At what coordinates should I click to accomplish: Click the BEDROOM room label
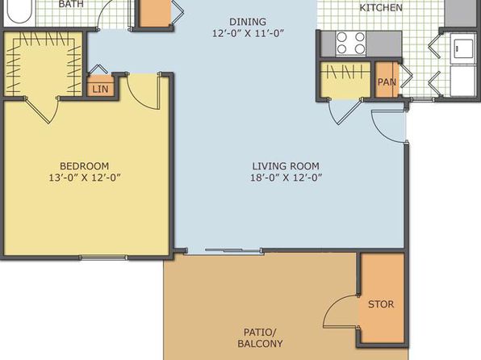[x=85, y=166]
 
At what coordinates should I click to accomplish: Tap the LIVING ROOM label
[x=286, y=166]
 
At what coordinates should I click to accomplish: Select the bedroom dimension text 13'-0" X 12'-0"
[x=85, y=178]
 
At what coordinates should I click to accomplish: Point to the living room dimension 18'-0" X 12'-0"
[x=286, y=178]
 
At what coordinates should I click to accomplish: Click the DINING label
[x=248, y=22]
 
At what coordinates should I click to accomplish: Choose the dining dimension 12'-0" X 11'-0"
[x=249, y=33]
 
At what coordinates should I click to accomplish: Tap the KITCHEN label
[x=381, y=8]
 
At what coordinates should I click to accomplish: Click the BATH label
[x=71, y=4]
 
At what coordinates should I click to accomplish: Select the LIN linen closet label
[x=100, y=90]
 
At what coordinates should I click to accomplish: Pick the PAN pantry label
[x=387, y=82]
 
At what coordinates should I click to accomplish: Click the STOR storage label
[x=381, y=304]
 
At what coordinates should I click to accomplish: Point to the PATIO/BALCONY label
[x=260, y=338]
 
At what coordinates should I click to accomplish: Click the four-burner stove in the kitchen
[x=351, y=44]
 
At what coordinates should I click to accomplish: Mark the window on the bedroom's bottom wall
[x=103, y=257]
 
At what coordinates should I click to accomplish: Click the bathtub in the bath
[x=19, y=11]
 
